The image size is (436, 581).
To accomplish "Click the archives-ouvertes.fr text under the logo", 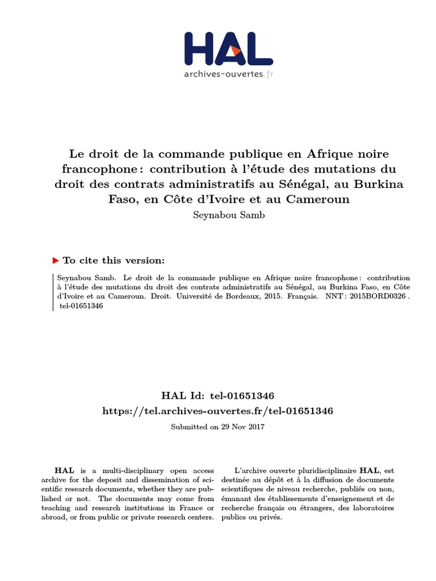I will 228,74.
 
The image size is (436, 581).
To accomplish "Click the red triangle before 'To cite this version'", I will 55,260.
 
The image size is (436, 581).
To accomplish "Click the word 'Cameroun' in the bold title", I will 318,199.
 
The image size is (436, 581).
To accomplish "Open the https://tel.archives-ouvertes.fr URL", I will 217,411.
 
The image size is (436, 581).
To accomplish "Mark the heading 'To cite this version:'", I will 114,260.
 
